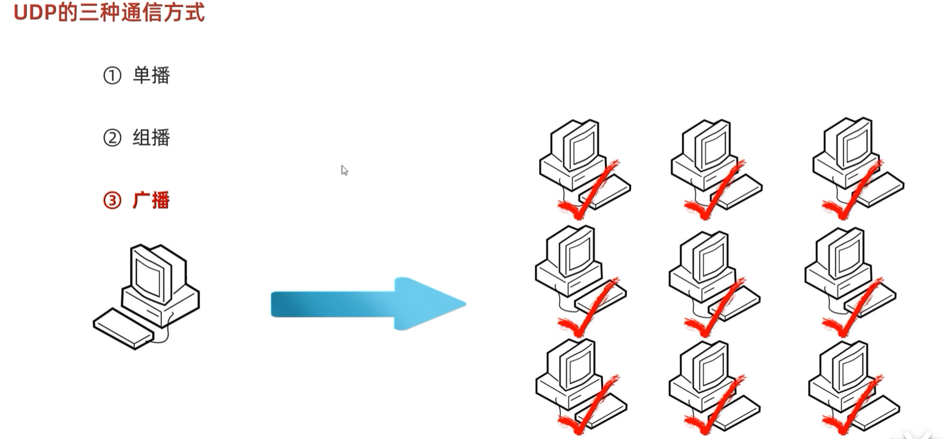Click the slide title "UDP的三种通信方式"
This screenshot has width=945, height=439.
pyautogui.click(x=109, y=12)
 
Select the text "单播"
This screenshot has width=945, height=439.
pyautogui.click(x=151, y=75)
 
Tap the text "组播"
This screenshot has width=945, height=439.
pyautogui.click(x=151, y=137)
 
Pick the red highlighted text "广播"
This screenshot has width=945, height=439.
pyautogui.click(x=151, y=200)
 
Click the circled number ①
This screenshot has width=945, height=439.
pyautogui.click(x=112, y=75)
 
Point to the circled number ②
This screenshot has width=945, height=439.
pyautogui.click(x=112, y=137)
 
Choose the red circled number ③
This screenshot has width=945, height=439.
pyautogui.click(x=112, y=200)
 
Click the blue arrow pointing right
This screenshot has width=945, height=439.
pyautogui.click(x=368, y=304)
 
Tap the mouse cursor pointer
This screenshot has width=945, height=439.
pyautogui.click(x=344, y=170)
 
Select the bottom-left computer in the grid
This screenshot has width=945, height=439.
pyautogui.click(x=579, y=385)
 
